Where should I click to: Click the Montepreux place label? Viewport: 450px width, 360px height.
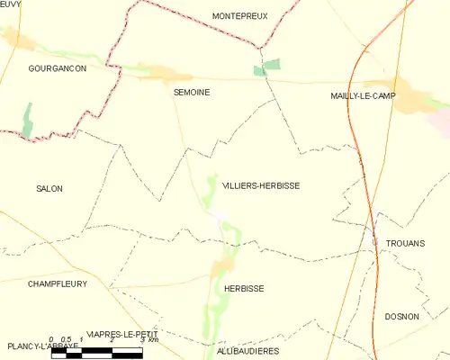tap(240, 16)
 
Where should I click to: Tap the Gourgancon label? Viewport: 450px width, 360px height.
tap(57, 68)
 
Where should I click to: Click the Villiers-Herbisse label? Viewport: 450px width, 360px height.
tap(260, 185)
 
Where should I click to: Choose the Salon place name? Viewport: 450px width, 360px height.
tap(49, 188)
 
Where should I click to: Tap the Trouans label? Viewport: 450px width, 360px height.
tap(404, 243)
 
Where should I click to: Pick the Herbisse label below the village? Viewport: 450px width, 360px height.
tap(243, 288)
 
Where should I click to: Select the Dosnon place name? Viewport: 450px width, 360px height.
tap(401, 316)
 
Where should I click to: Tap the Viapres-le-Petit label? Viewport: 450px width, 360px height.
tap(121, 332)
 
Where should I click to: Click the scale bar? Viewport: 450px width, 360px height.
tap(96, 352)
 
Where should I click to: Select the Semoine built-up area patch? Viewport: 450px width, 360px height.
tap(165, 75)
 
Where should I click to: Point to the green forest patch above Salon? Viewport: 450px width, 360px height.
tap(27, 121)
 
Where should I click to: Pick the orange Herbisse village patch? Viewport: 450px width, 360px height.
tap(221, 266)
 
